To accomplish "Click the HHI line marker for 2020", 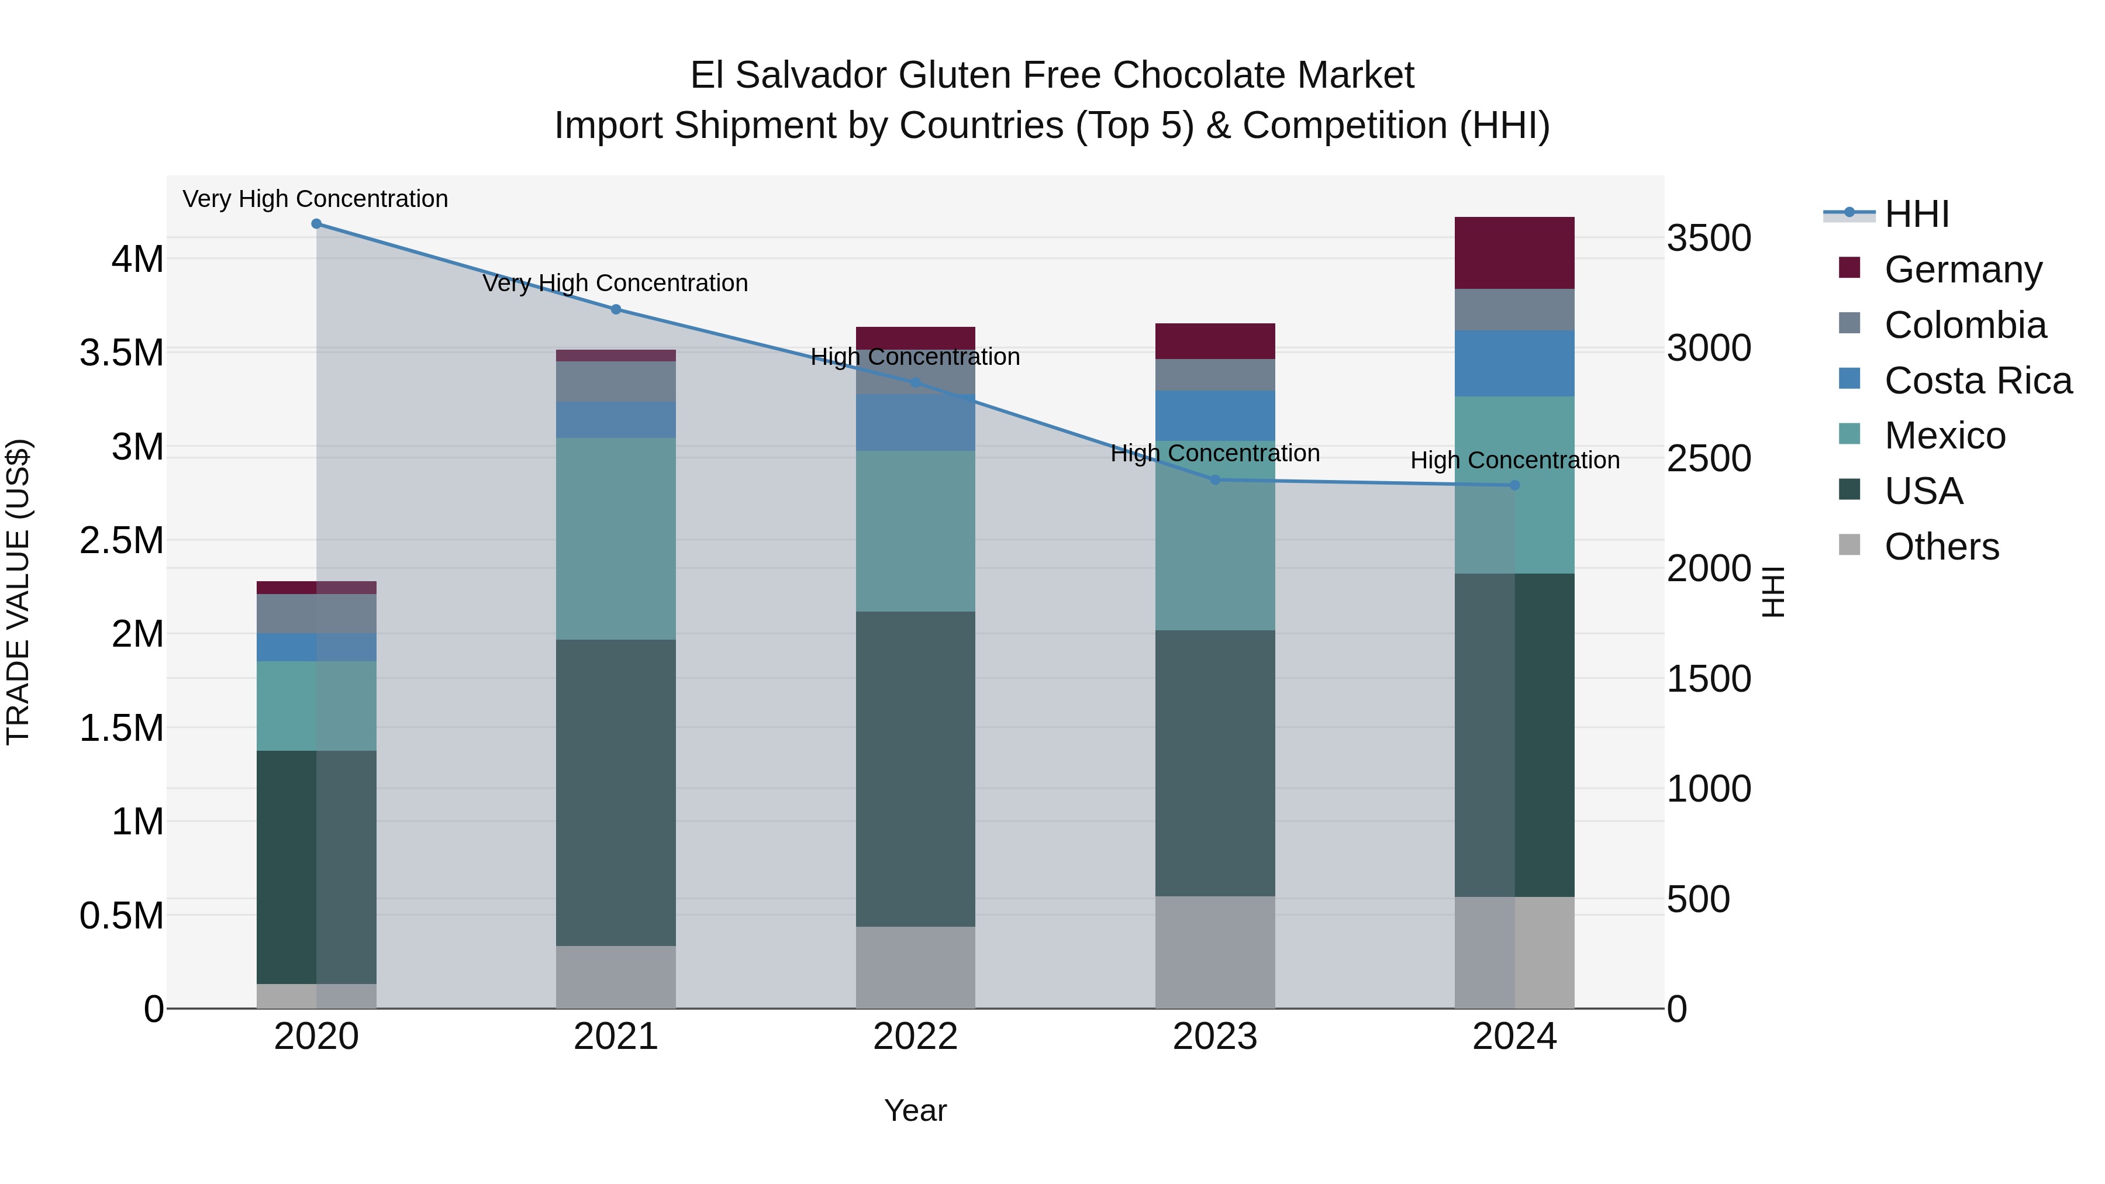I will pos(316,224).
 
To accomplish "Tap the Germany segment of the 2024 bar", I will pos(1514,253).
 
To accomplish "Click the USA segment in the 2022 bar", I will pos(915,769).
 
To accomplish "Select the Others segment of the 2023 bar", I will pos(1214,952).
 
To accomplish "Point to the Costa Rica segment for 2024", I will pos(1514,364).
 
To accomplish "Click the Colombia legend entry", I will pos(1965,325).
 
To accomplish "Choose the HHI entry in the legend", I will pos(1916,214).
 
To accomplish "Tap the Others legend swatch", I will pos(1849,545).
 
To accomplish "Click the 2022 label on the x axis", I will pos(915,1037).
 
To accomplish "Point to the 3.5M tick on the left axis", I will pos(122,353).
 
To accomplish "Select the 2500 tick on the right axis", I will pos(1709,458).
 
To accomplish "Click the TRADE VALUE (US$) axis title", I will pos(18,592).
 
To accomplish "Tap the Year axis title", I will pos(915,1110).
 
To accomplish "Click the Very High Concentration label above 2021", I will pos(615,283).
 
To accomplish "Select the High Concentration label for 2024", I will pos(1514,460).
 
